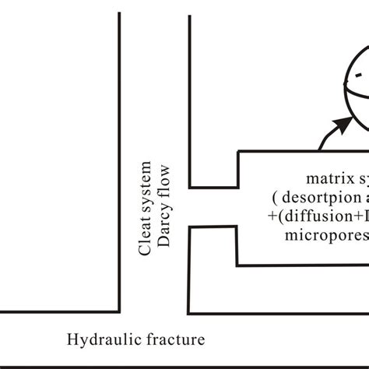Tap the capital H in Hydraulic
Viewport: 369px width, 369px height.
click(x=72, y=339)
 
